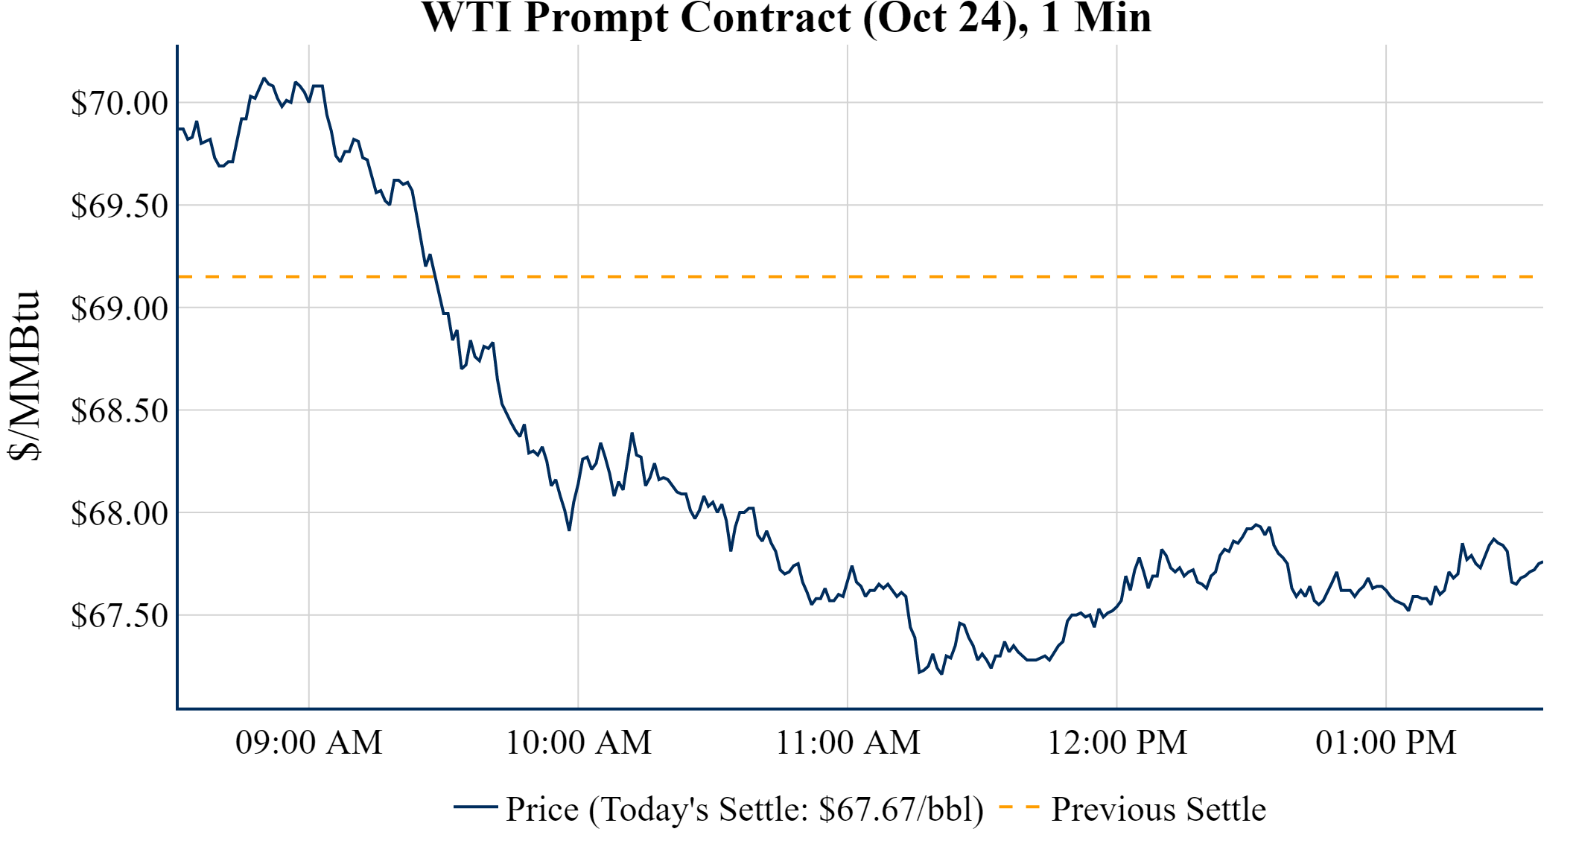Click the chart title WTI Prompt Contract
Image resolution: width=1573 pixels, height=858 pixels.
coord(786,18)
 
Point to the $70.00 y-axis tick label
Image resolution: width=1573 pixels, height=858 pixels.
coord(119,104)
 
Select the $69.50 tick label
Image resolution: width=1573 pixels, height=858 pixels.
coord(119,206)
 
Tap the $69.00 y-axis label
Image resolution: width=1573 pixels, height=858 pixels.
coord(119,308)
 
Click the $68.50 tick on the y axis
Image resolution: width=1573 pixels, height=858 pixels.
coord(119,410)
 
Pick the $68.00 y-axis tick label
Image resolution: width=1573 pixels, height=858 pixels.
coord(119,513)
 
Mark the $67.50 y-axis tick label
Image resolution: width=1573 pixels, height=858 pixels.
coord(119,616)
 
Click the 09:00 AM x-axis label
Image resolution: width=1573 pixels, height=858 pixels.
coord(309,743)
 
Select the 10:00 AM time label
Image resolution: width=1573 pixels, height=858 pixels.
coord(579,743)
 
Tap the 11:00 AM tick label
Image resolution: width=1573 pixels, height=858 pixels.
coord(848,743)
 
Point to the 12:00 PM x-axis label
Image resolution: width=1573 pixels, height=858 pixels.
coord(1117,743)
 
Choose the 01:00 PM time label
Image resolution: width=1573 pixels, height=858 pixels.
coord(1386,743)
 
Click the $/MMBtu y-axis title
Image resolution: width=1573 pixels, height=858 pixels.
coord(24,376)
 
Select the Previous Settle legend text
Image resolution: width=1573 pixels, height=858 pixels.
coord(1158,810)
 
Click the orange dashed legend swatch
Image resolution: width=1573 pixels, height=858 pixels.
coord(1018,807)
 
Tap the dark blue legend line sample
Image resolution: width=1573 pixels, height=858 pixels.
coord(475,807)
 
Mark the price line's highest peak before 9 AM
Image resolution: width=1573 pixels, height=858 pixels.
coord(264,78)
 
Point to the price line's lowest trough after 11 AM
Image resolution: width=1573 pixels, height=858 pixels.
coord(941,674)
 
